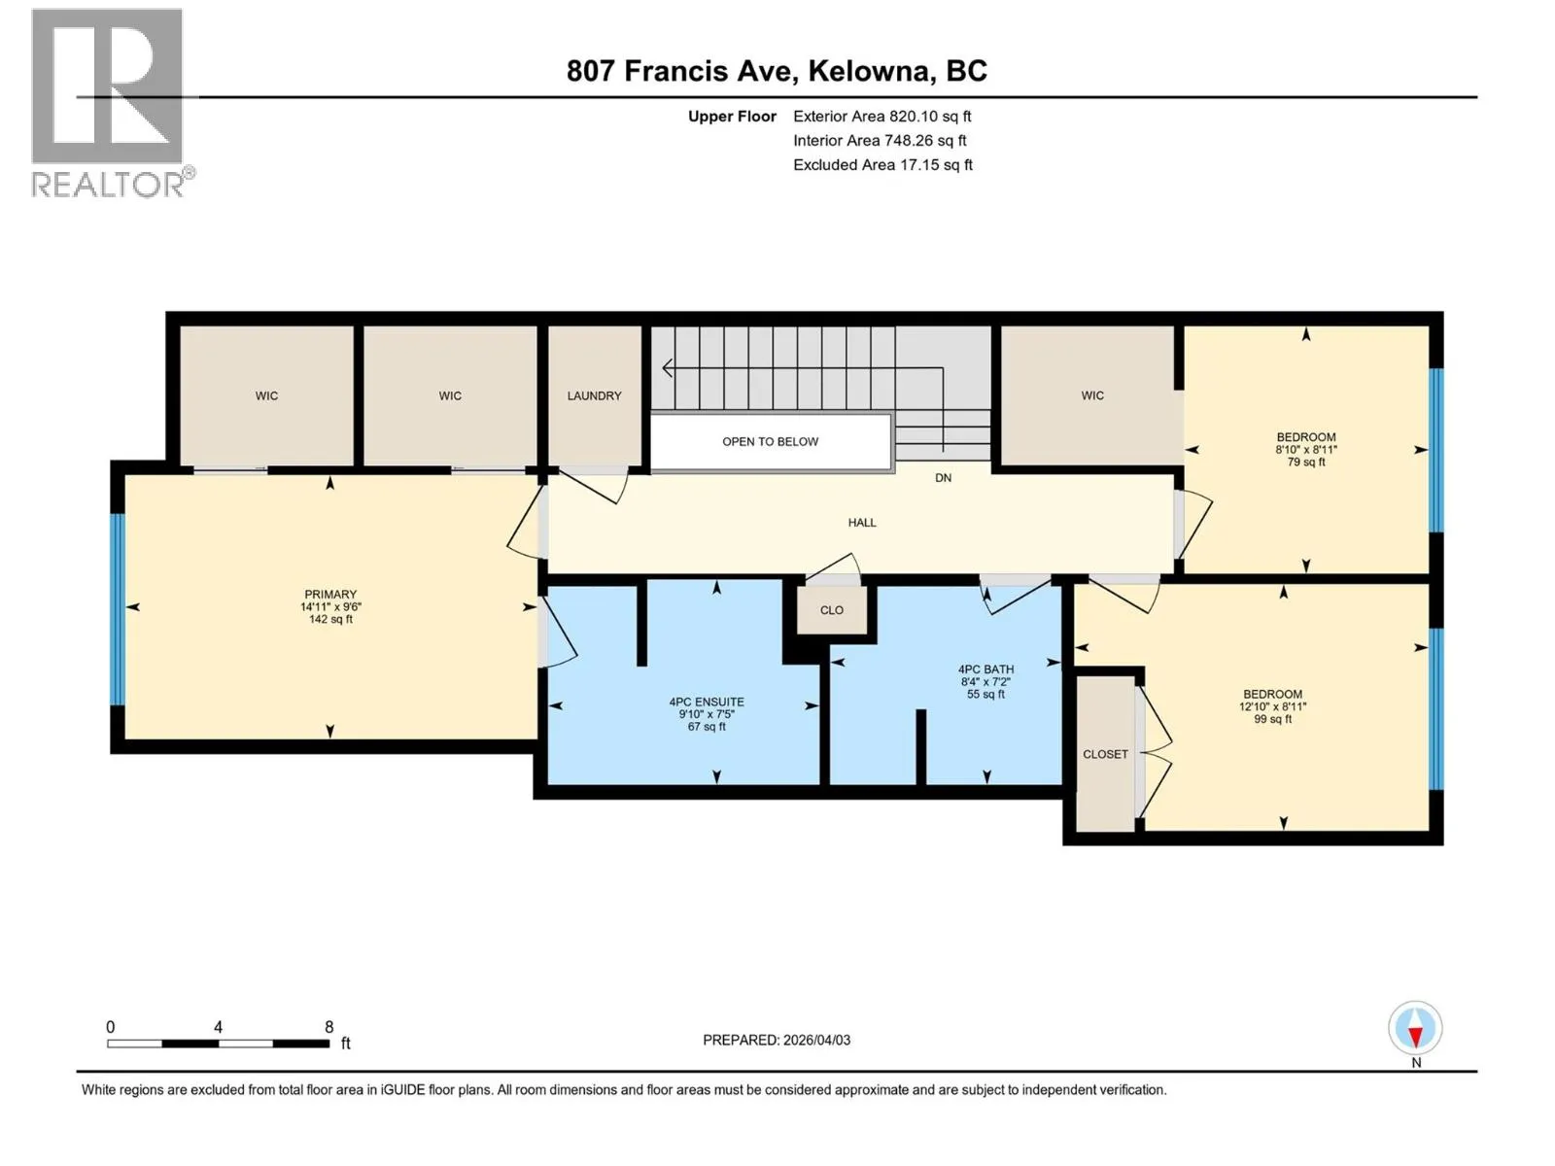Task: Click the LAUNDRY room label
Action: (x=594, y=395)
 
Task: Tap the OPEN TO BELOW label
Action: (x=770, y=442)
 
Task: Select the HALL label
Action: (x=862, y=523)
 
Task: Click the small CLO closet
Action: (x=832, y=609)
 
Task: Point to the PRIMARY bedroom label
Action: (x=330, y=594)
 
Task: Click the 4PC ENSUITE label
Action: (x=707, y=702)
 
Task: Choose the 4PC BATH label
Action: (x=985, y=669)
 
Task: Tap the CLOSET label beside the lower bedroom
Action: (x=1105, y=754)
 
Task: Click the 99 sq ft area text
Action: (x=1272, y=719)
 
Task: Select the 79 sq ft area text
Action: (x=1305, y=462)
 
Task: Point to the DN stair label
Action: (x=943, y=478)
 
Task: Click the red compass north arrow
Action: (x=1415, y=1037)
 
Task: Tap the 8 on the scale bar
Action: (x=328, y=1026)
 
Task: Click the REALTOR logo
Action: (x=113, y=103)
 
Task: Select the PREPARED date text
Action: (x=777, y=1040)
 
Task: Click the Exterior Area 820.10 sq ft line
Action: (x=882, y=116)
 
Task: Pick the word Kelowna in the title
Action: (x=869, y=71)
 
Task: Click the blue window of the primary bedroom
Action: (x=117, y=609)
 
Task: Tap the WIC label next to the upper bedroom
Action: (x=1092, y=395)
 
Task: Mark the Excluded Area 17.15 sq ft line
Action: (x=882, y=165)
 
